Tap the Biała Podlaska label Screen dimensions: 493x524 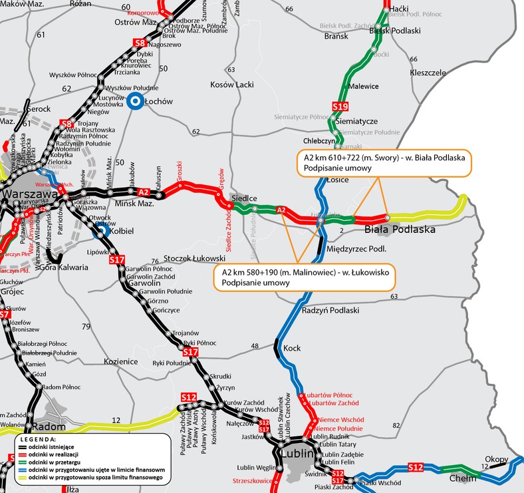[400, 230]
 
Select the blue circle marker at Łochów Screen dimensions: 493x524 [135, 102]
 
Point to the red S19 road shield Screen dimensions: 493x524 [340, 106]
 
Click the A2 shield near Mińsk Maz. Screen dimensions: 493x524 [143, 192]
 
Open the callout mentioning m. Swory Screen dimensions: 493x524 [383, 163]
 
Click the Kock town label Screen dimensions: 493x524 [292, 348]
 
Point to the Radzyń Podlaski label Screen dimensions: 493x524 [330, 310]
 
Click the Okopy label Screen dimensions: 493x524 [496, 459]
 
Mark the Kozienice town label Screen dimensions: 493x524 [121, 361]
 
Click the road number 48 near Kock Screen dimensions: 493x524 [254, 346]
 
